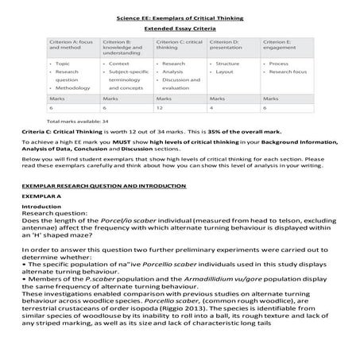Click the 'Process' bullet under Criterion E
pos(278,62)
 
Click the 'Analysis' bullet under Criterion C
pos(172,72)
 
